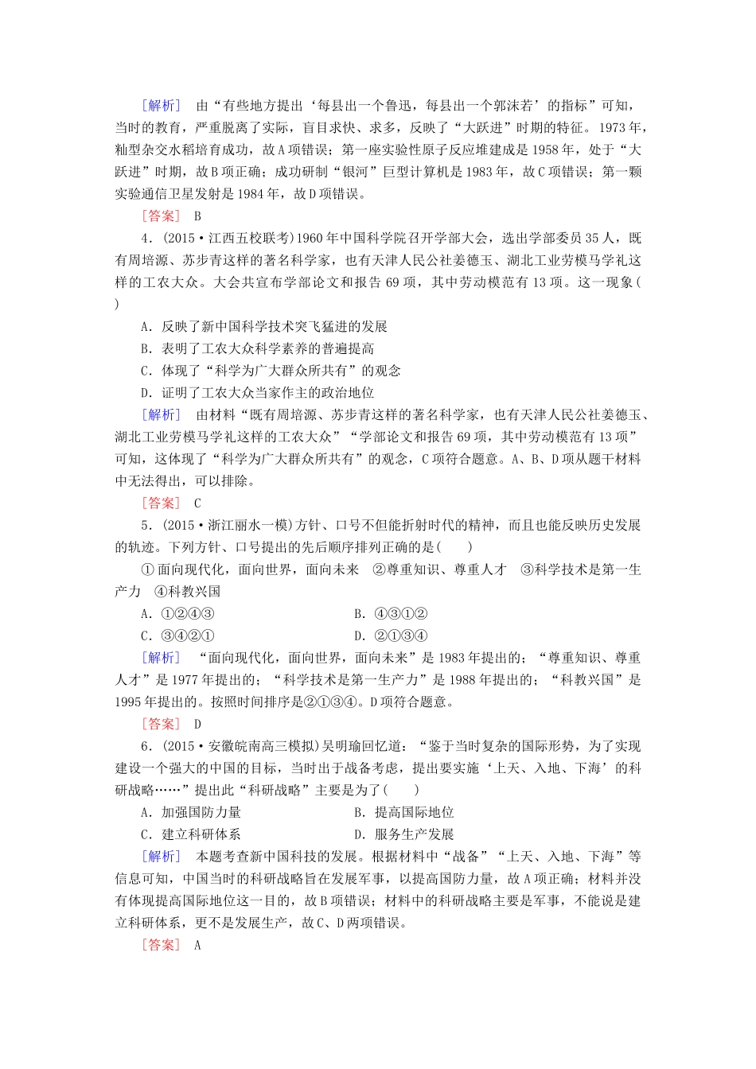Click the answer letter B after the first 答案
pyautogui.click(x=197, y=216)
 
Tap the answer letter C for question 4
pyautogui.click(x=197, y=503)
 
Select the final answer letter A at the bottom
pyautogui.click(x=197, y=945)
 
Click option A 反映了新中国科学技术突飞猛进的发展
pyautogui.click(x=263, y=326)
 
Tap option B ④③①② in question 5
pyautogui.click(x=391, y=613)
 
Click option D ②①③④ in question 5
pyautogui.click(x=391, y=636)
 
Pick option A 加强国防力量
pyautogui.click(x=191, y=812)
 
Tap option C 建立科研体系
pyautogui.click(x=191, y=834)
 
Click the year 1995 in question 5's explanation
pyautogui.click(x=130, y=702)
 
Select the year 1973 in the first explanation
pyautogui.click(x=614, y=127)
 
